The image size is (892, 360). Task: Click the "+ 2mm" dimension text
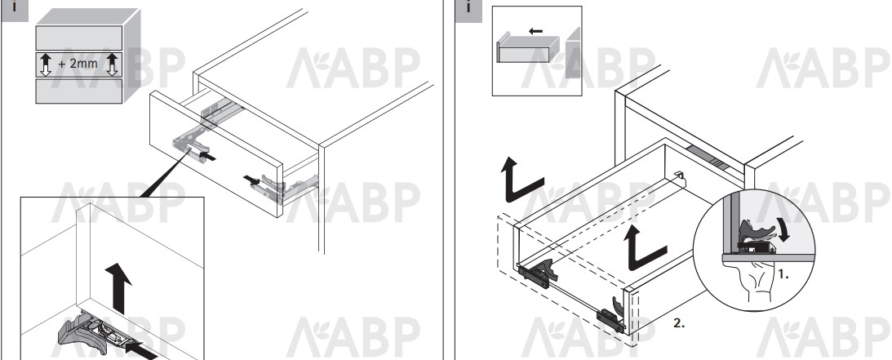click(x=78, y=64)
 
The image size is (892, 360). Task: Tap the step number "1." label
click(x=783, y=274)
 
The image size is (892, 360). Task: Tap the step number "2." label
click(x=679, y=323)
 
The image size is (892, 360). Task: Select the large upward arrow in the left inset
click(x=120, y=288)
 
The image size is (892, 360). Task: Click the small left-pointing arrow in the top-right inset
click(x=535, y=31)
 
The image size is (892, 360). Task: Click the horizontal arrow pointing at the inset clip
click(x=141, y=349)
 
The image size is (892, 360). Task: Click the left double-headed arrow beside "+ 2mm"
click(x=47, y=64)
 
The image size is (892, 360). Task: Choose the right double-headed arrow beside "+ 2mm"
click(x=112, y=64)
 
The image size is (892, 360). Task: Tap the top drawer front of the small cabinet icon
click(x=79, y=38)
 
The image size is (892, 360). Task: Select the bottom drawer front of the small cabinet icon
click(x=79, y=91)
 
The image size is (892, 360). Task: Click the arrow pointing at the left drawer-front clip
click(x=207, y=155)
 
